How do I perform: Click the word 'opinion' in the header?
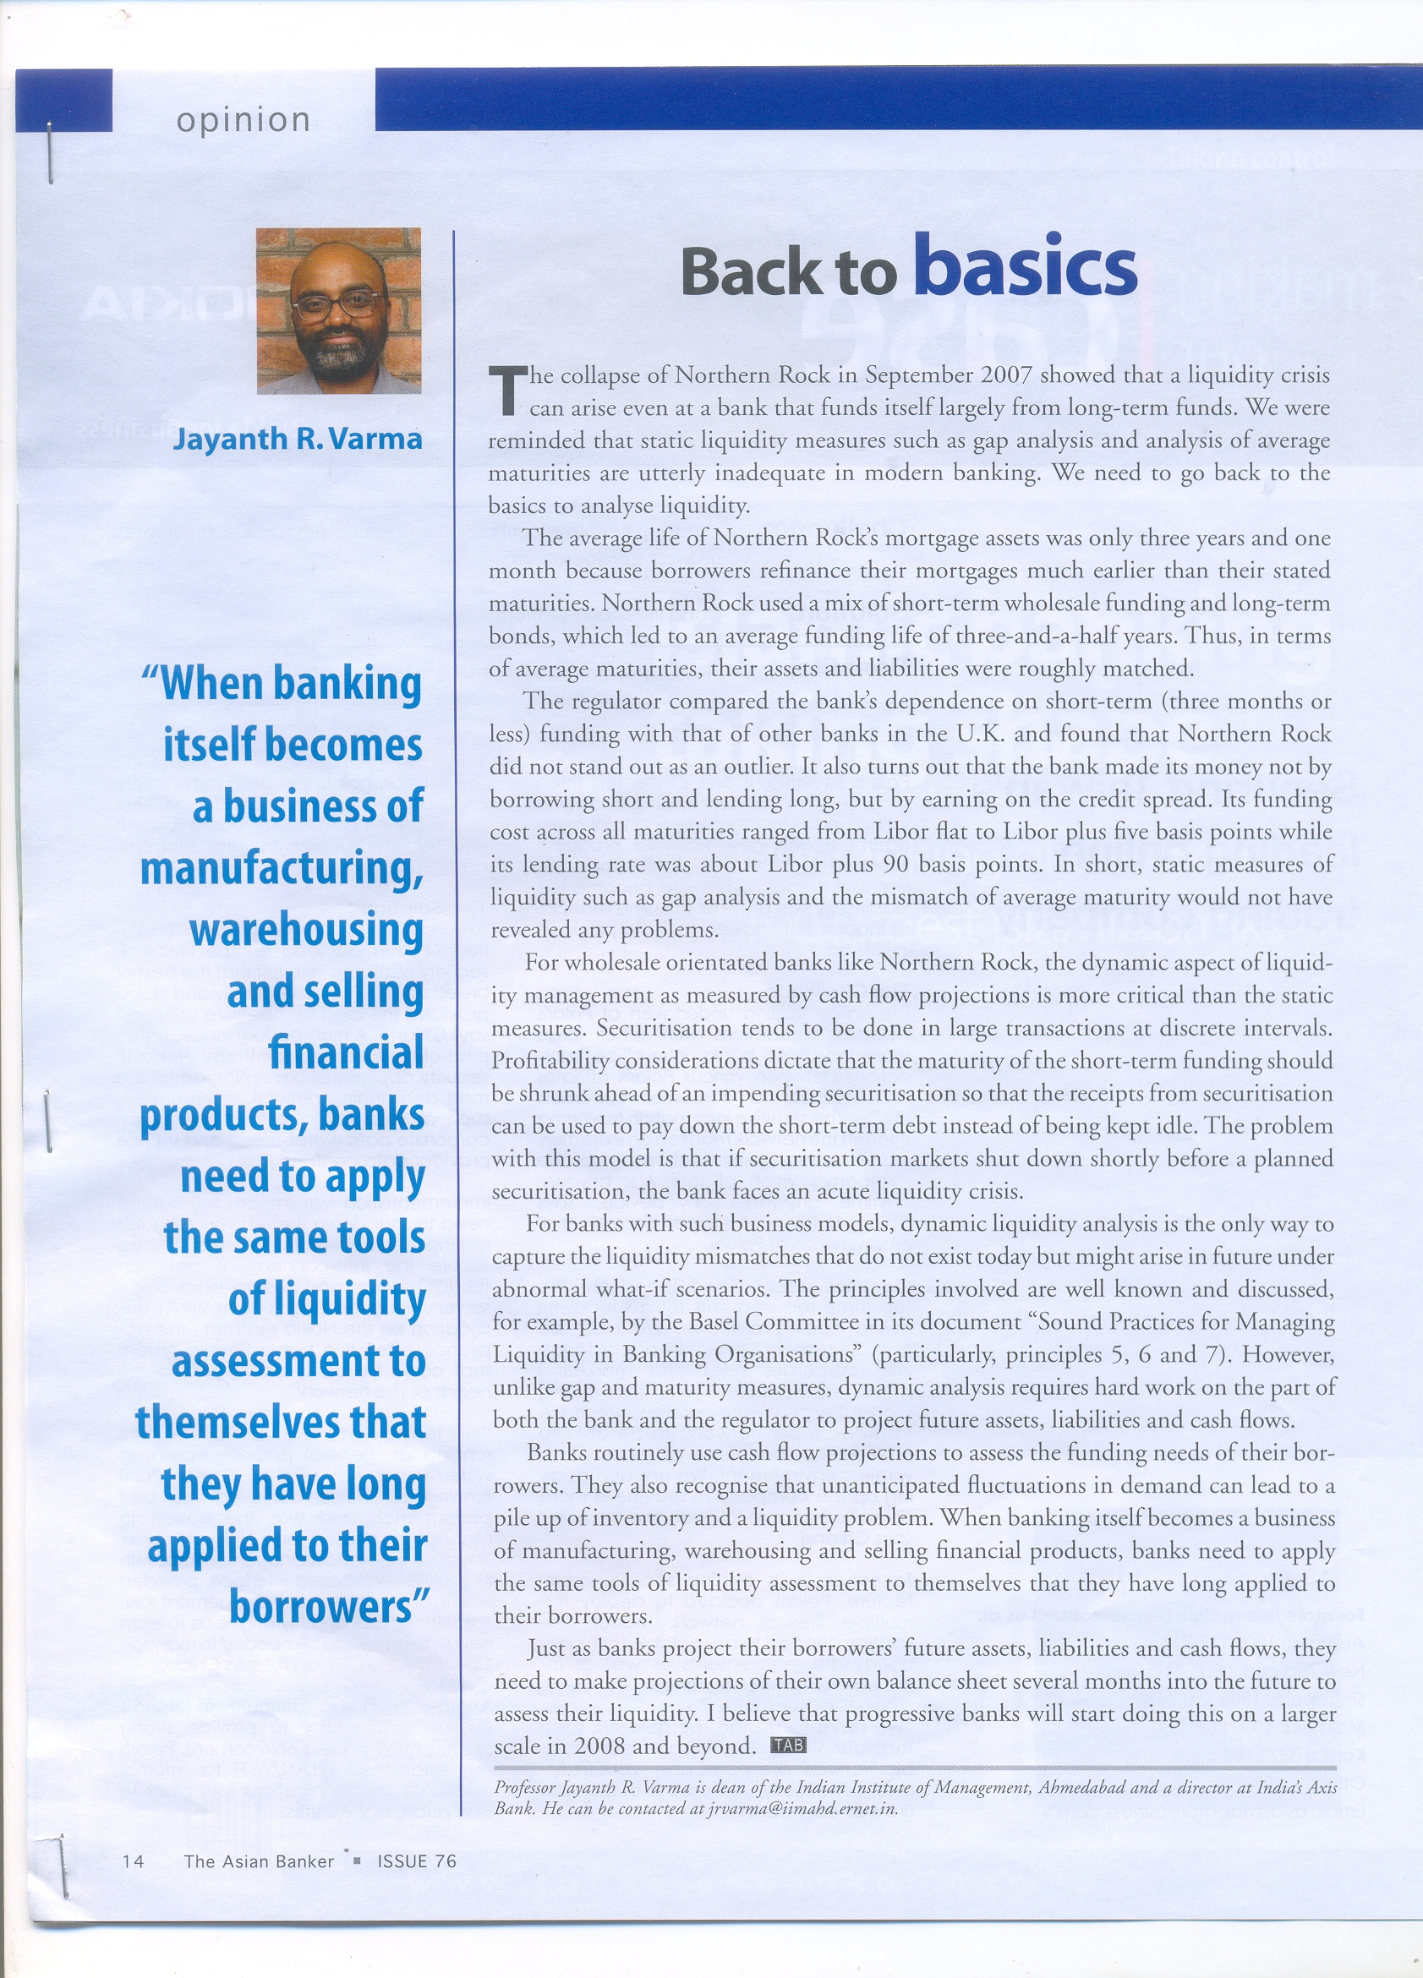(243, 120)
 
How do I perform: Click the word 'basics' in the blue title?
(1025, 266)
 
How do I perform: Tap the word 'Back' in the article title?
(748, 271)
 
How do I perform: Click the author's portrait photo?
(338, 310)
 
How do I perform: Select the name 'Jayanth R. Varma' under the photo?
(298, 438)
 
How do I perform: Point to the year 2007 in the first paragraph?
(1006, 375)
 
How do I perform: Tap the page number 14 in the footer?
(134, 1861)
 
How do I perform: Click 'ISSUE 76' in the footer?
(416, 1861)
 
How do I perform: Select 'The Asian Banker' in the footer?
(258, 1861)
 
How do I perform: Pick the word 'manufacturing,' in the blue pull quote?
(282, 869)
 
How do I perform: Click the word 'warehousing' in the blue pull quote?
(306, 930)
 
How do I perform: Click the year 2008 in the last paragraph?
(599, 1746)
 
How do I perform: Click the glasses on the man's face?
(337, 305)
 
